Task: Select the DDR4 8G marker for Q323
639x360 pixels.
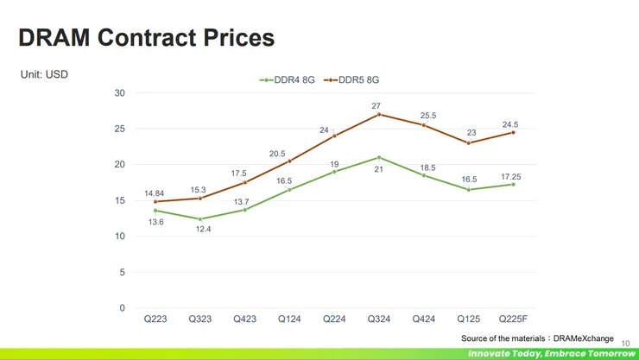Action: coord(200,219)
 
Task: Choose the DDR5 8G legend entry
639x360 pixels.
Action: coord(352,80)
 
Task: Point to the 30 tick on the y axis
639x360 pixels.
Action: coord(119,93)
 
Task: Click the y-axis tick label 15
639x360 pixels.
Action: coord(119,200)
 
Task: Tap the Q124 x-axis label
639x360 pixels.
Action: coord(289,319)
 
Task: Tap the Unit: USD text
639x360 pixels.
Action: coord(44,75)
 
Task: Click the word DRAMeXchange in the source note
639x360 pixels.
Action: coord(585,338)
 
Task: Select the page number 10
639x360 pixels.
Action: coord(627,343)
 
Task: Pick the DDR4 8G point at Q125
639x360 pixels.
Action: coord(469,190)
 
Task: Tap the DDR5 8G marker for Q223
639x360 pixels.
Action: coord(155,202)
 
